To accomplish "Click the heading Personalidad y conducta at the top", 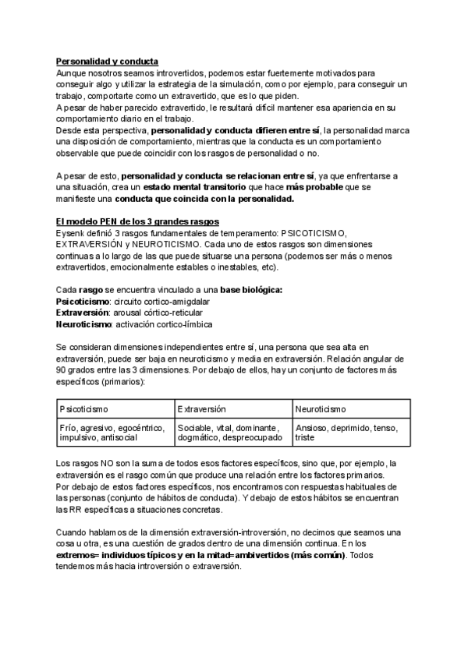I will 108,62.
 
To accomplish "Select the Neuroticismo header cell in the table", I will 321,408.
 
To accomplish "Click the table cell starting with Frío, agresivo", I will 112,433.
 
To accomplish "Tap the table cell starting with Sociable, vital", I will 230,433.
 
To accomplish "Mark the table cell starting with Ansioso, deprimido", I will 348,433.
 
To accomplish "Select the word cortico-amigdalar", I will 150,302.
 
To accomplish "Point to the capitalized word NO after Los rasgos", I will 108,465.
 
